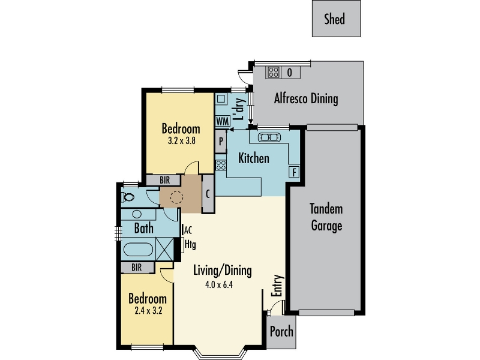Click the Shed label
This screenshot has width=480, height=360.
click(335, 19)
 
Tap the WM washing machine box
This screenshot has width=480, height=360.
click(223, 121)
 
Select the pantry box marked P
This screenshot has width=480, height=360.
click(221, 142)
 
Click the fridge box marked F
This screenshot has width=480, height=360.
click(294, 172)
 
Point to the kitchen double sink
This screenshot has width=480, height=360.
click(269, 137)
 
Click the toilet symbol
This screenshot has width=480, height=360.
click(127, 197)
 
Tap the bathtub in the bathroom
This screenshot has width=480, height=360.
click(138, 250)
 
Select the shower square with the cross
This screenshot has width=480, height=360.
click(164, 249)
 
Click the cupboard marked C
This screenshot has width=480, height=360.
click(208, 194)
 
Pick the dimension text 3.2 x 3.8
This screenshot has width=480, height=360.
click(182, 141)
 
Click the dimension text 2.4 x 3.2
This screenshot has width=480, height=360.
click(148, 311)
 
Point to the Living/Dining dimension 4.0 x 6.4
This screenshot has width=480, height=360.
click(219, 284)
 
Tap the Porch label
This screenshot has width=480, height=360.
click(281, 332)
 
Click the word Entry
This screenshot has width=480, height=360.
click(277, 286)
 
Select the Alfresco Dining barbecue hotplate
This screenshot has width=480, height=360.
click(274, 73)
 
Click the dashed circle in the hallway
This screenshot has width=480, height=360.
click(176, 197)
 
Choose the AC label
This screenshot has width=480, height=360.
click(188, 230)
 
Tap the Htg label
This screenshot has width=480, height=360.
click(190, 245)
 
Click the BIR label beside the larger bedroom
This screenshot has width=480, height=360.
click(164, 180)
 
